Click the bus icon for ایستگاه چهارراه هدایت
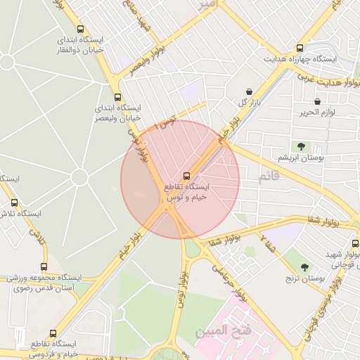tap(300, 49)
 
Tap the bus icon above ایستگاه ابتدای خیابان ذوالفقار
tap(82, 30)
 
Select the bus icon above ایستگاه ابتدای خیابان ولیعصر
tap(117, 98)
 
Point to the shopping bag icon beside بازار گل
tap(250, 92)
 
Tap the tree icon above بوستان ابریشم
tap(301, 146)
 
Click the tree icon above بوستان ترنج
tap(304, 267)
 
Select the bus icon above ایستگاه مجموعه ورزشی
tap(44, 267)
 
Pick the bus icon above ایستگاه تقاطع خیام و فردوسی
tap(53, 333)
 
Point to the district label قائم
tap(270, 176)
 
